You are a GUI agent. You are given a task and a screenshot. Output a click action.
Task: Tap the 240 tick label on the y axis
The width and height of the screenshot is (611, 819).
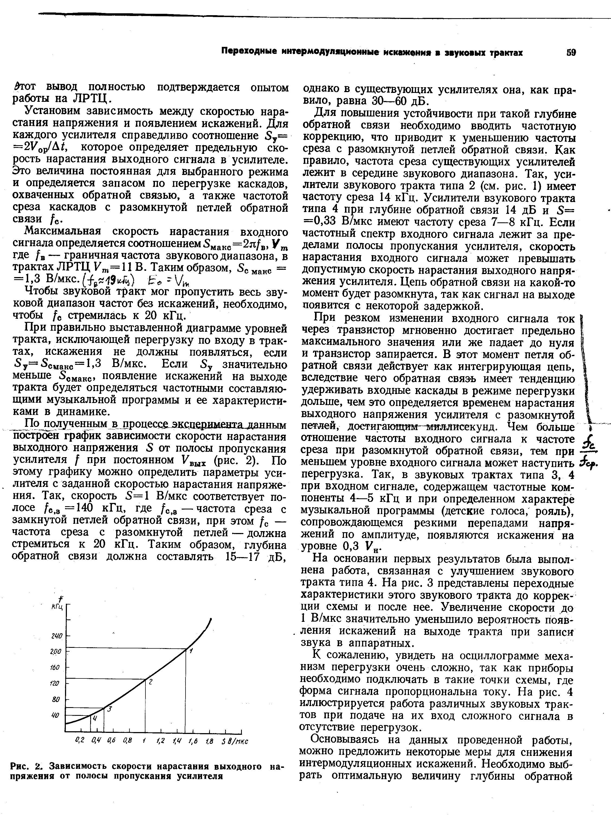coord(57,636)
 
